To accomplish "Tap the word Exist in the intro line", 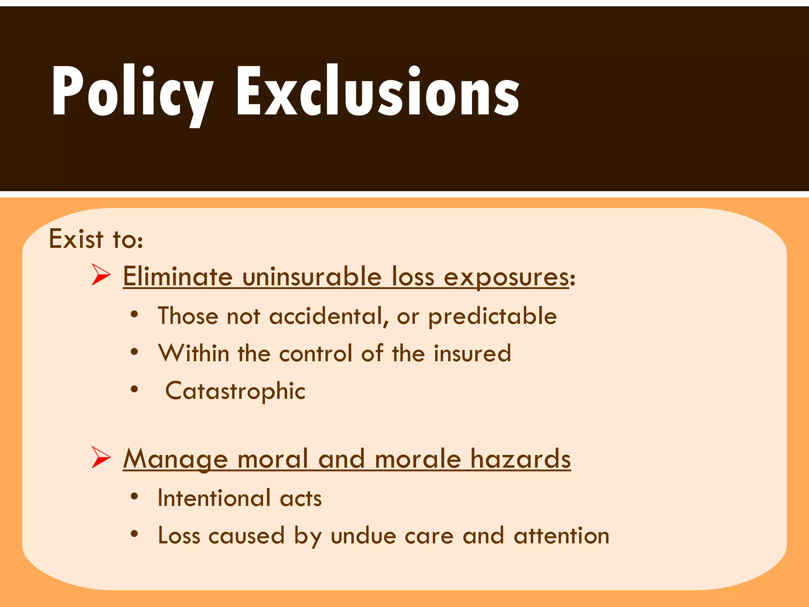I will coord(76,239).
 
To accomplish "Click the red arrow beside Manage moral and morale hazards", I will coord(101,457).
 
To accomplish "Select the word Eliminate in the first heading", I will coord(178,276).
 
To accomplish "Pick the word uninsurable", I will coord(312,276).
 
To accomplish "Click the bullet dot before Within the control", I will coord(135,351).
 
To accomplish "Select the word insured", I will coord(472,353).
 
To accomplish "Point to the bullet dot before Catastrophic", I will coord(135,389).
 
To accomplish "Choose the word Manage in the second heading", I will coord(176,460).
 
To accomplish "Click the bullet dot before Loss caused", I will coord(135,534).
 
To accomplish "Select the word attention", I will coord(561,536).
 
